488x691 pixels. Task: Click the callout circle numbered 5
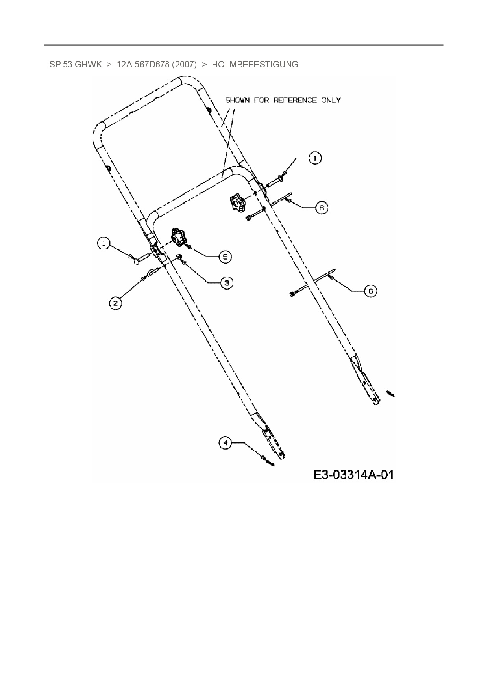(x=225, y=257)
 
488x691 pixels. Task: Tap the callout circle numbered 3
(x=226, y=282)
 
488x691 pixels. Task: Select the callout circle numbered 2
(x=115, y=303)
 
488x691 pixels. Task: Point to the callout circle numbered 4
(x=225, y=443)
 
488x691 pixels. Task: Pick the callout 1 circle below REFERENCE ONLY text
(x=314, y=158)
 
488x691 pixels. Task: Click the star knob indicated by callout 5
(x=178, y=237)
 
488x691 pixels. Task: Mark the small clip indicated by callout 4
(x=269, y=461)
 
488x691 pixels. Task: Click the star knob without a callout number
(x=237, y=202)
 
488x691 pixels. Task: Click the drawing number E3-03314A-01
(x=353, y=475)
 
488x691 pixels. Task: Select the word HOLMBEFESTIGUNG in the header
(x=255, y=65)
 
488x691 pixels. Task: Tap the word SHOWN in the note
(x=237, y=100)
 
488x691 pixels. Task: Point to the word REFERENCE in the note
(x=295, y=100)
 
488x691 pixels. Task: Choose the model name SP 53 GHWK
(x=76, y=65)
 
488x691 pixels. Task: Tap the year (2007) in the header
(x=184, y=65)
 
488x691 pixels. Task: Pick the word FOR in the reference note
(x=262, y=100)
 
